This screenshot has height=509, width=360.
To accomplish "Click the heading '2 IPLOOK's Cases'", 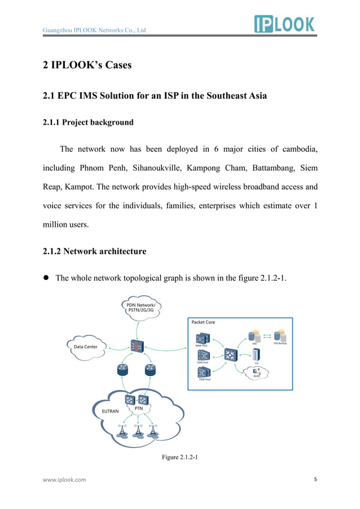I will pyautogui.click(x=87, y=65).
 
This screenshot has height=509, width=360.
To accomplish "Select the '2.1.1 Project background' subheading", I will pyautogui.click(x=89, y=122).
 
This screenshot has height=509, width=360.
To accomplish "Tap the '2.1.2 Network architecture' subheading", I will pyautogui.click(x=95, y=251).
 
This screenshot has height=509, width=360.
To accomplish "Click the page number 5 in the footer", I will pyautogui.click(x=315, y=480).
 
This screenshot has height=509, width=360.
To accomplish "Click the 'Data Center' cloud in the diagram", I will pyautogui.click(x=86, y=346).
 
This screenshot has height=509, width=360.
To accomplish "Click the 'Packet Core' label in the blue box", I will pyautogui.click(x=203, y=322).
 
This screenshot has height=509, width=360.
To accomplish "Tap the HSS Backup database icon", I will pyautogui.click(x=279, y=336).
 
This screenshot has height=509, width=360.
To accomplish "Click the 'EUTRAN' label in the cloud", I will pyautogui.click(x=111, y=412).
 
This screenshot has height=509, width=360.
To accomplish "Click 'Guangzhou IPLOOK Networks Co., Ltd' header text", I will pyautogui.click(x=95, y=30).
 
